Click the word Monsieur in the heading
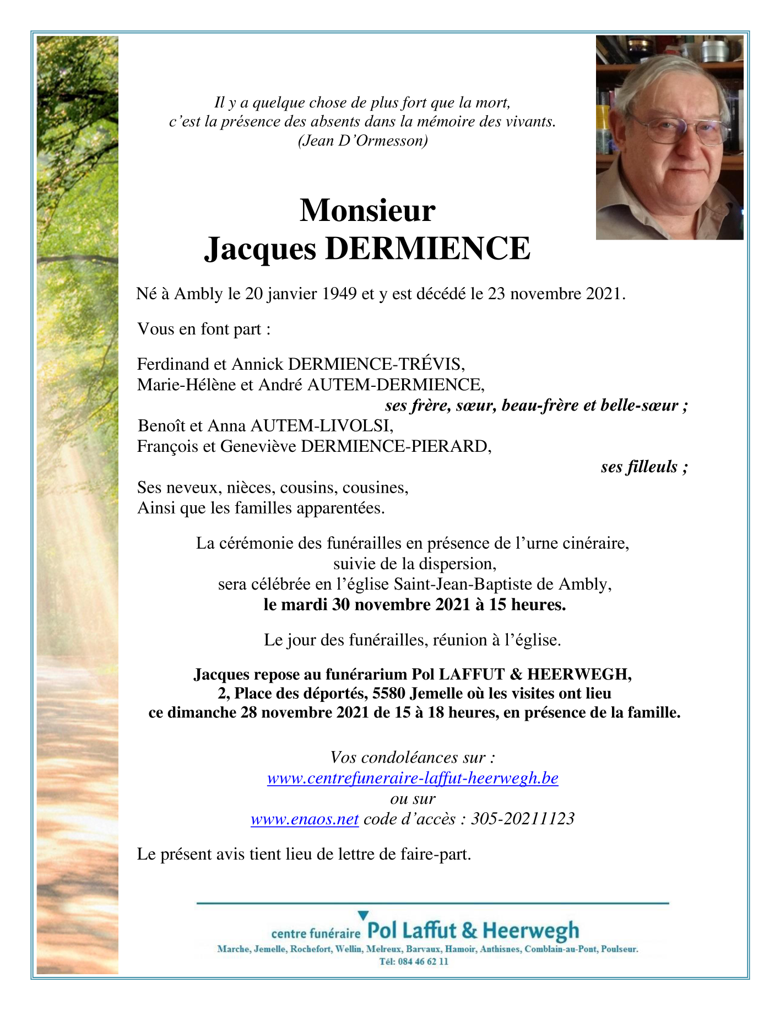367,210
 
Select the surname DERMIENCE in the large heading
427,249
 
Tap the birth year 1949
339,294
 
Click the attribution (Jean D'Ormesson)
362,141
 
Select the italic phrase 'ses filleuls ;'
644,467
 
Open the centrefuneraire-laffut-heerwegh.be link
413,778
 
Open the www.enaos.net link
305,819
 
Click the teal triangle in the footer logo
362,915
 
